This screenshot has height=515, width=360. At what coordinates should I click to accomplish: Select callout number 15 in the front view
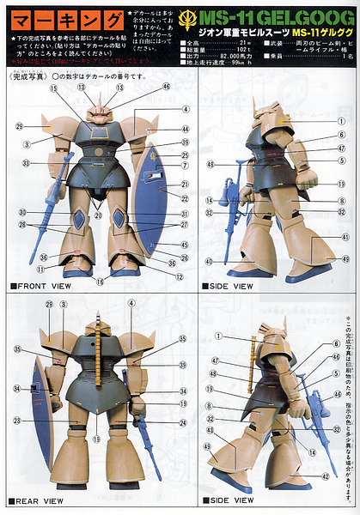pos(53,88)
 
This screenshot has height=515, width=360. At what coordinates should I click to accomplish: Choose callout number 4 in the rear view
pos(131,303)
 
